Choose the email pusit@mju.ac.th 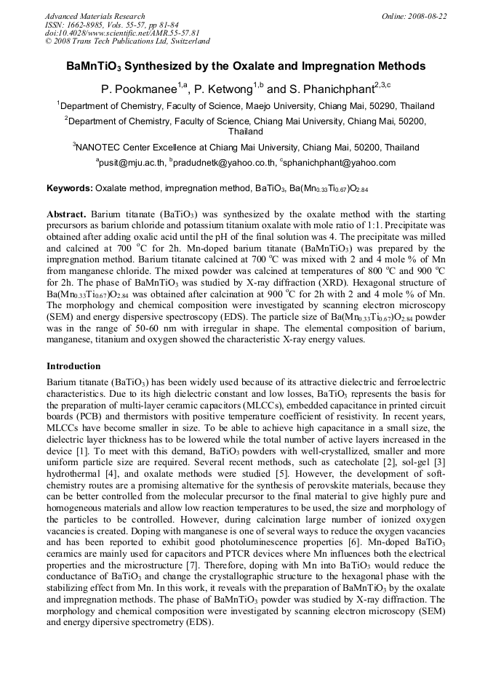click(131, 163)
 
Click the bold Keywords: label click(70, 188)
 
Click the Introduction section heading click(73, 366)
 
